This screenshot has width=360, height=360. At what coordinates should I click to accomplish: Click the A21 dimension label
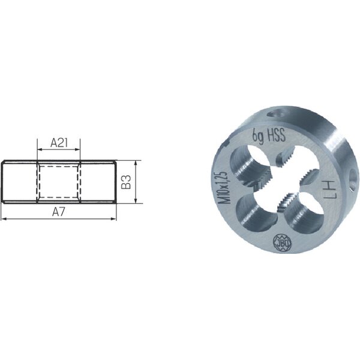[x=59, y=143]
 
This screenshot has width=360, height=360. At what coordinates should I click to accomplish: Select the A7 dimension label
[x=59, y=212]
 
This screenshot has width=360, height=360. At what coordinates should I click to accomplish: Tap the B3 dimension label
[x=126, y=182]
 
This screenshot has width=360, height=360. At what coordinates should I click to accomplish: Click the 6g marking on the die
[x=258, y=136]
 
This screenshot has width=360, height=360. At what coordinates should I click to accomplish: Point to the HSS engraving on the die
[x=276, y=134]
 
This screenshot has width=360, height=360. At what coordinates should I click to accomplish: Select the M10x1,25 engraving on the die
[x=223, y=187]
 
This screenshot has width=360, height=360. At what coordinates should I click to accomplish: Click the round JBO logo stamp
[x=282, y=242]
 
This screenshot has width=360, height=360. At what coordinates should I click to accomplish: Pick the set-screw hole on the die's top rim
[x=277, y=114]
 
